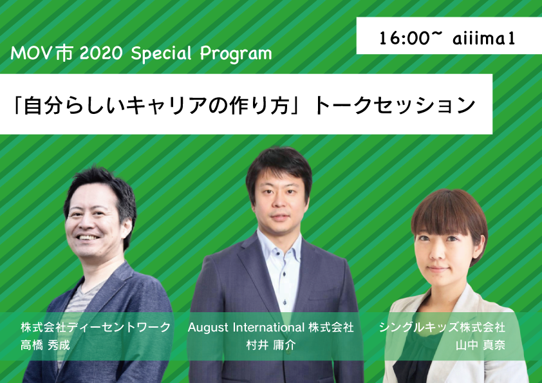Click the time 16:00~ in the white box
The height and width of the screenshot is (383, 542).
tap(411, 38)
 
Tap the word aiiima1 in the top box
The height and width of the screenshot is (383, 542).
tap(484, 38)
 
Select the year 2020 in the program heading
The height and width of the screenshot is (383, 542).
tap(101, 53)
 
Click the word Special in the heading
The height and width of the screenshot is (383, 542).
tap(162, 54)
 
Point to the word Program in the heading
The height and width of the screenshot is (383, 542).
tap(236, 54)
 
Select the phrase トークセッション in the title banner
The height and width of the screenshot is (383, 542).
tap(395, 105)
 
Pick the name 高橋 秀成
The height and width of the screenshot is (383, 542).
tap(45, 345)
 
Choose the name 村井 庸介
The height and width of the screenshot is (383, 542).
tap(271, 345)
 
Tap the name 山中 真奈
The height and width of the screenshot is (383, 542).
tap(480, 345)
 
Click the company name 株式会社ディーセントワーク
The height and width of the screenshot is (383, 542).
tap(96, 327)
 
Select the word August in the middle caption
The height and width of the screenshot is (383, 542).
tap(208, 327)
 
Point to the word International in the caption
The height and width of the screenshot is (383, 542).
tap(268, 327)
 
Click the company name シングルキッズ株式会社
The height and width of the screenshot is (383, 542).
tap(442, 327)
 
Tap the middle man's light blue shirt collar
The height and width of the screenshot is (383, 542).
tap(279, 245)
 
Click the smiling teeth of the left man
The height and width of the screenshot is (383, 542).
tap(88, 238)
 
